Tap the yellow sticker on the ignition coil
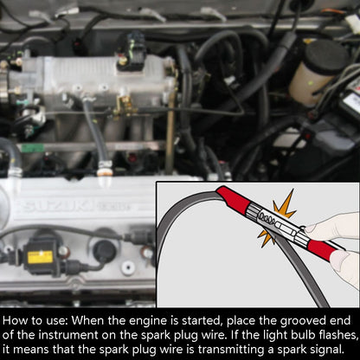pos(39,257)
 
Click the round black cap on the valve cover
pos(104,250)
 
